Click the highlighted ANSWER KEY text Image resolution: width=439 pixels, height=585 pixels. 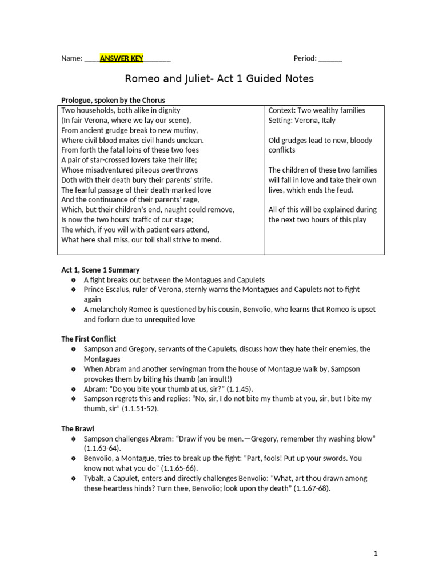point(121,58)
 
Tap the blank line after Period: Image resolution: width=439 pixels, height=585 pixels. point(330,58)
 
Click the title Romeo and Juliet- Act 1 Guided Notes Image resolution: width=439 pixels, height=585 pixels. point(219,79)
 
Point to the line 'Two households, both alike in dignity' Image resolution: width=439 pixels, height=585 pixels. point(121,110)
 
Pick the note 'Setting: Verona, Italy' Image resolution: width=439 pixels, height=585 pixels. point(302,121)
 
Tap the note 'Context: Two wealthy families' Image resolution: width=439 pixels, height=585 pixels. point(317,110)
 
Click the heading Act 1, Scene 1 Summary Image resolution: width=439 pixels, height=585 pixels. point(101,270)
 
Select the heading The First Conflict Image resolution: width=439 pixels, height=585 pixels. point(89,339)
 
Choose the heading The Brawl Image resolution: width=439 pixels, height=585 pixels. point(78,428)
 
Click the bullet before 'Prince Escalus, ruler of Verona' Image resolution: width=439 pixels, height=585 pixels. point(73,290)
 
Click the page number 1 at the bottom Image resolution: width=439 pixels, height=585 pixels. point(376,554)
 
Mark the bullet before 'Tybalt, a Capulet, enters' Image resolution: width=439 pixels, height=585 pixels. point(73,478)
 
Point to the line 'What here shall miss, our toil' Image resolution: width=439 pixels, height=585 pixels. point(141,239)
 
